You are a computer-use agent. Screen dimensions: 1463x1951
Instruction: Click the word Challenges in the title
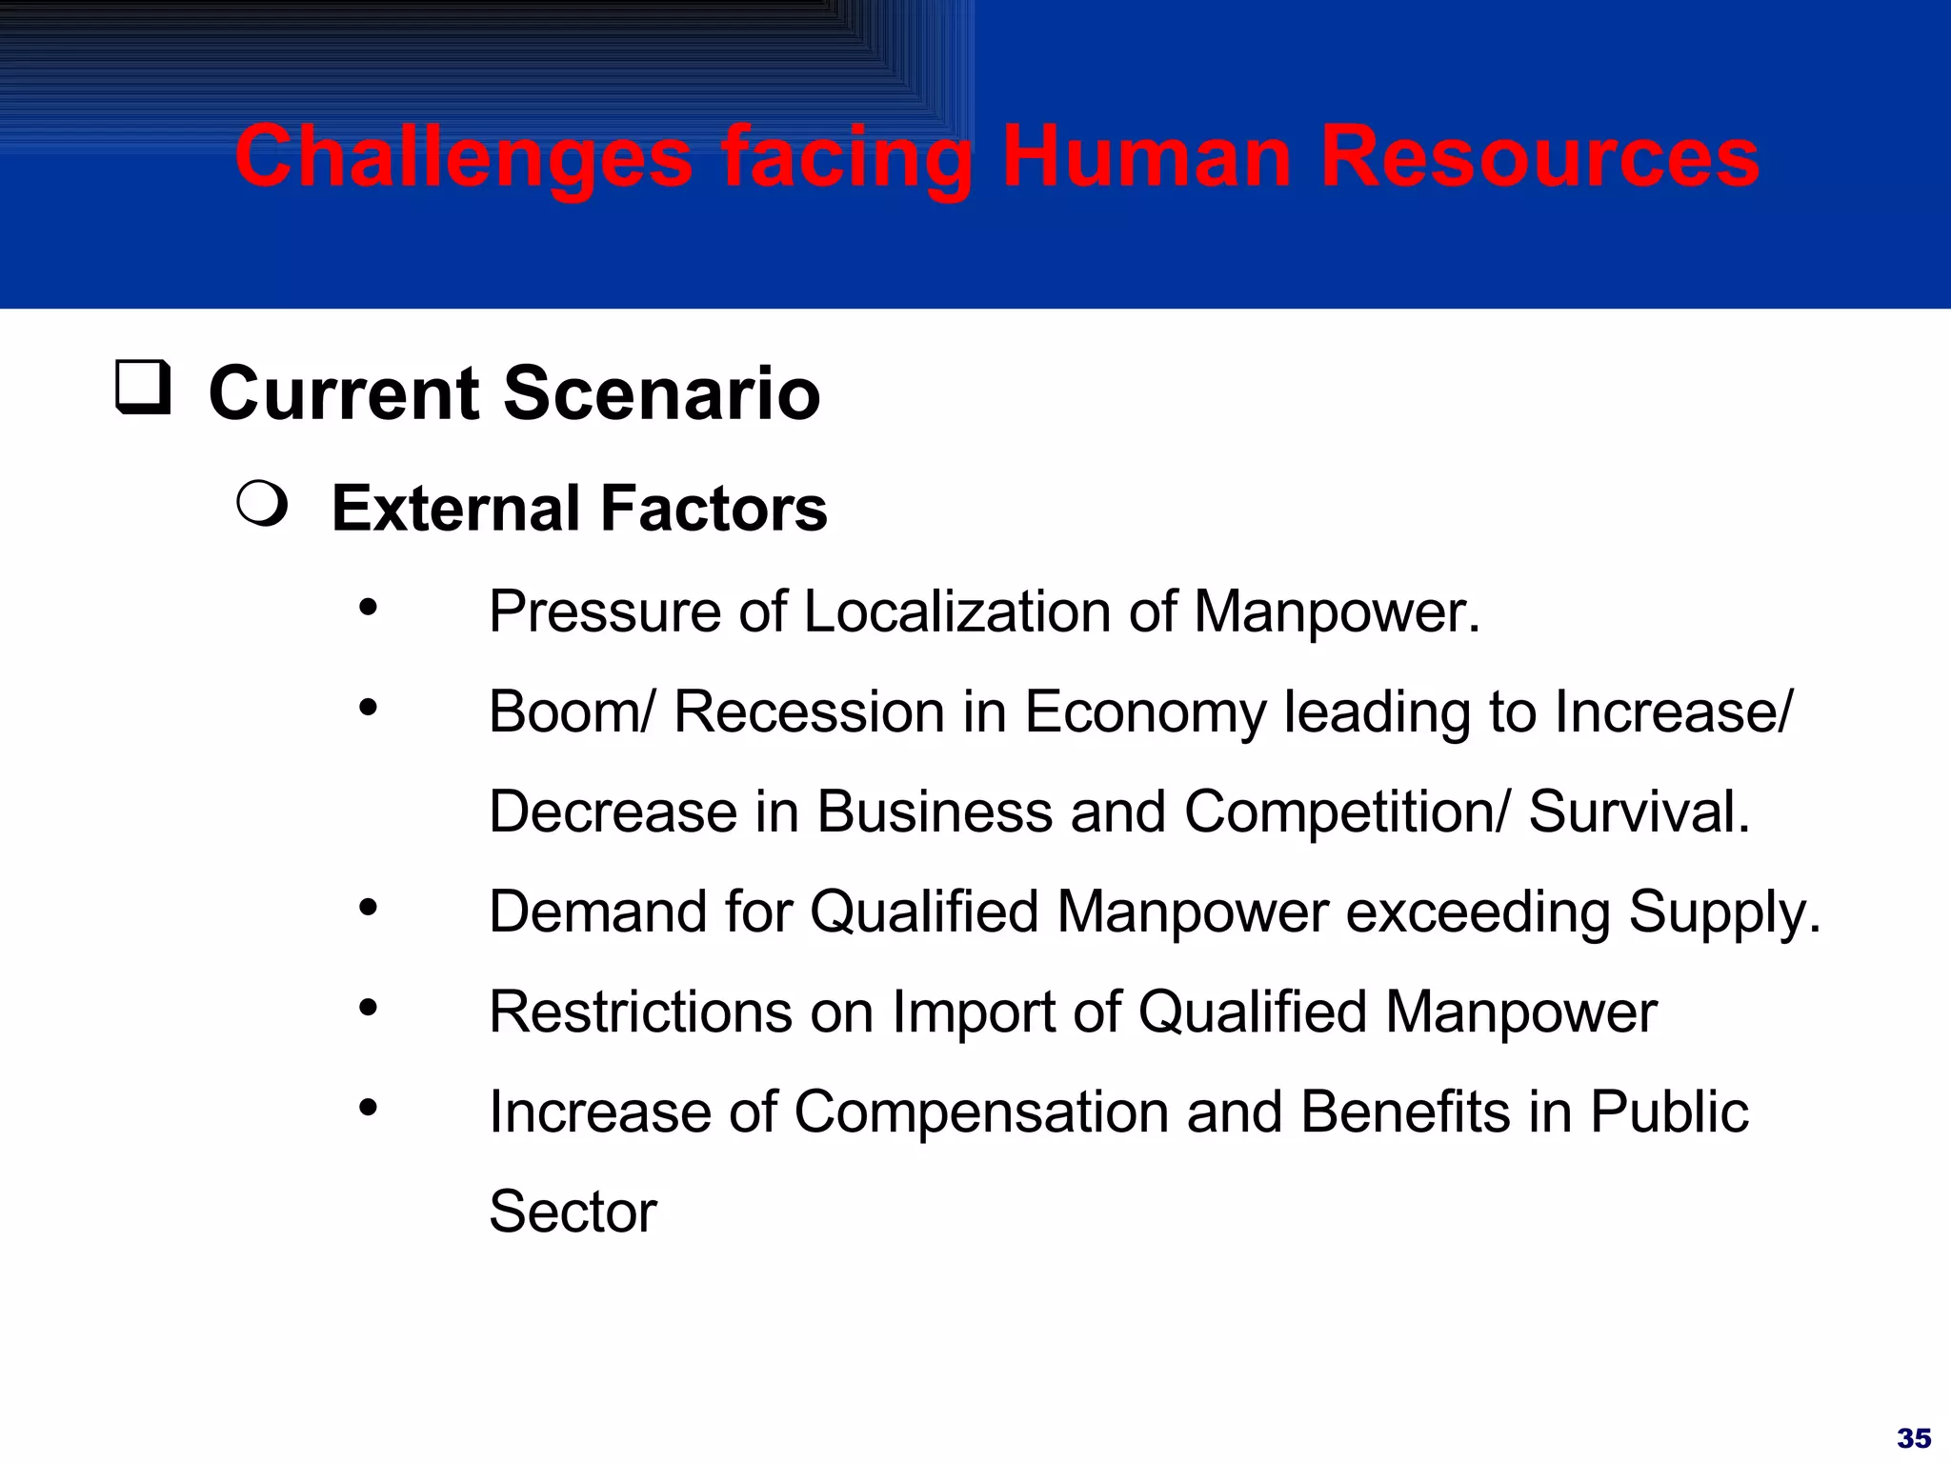coord(464,158)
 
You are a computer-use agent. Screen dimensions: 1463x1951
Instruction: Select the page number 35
coord(1913,1437)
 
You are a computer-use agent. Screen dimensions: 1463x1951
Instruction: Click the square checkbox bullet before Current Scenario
coord(143,387)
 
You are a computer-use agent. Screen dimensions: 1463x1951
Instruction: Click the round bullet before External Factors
coord(262,504)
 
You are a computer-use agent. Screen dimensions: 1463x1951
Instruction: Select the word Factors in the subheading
coord(713,509)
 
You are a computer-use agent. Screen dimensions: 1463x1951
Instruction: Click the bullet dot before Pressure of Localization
coord(369,607)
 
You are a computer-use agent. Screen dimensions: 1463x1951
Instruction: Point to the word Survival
coord(1639,812)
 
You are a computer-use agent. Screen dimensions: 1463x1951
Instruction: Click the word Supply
coord(1722,912)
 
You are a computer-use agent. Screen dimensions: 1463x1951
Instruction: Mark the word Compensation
coord(980,1112)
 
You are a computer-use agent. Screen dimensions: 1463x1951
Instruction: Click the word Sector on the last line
coord(573,1212)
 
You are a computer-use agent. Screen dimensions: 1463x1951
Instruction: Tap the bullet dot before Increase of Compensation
coord(369,1108)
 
